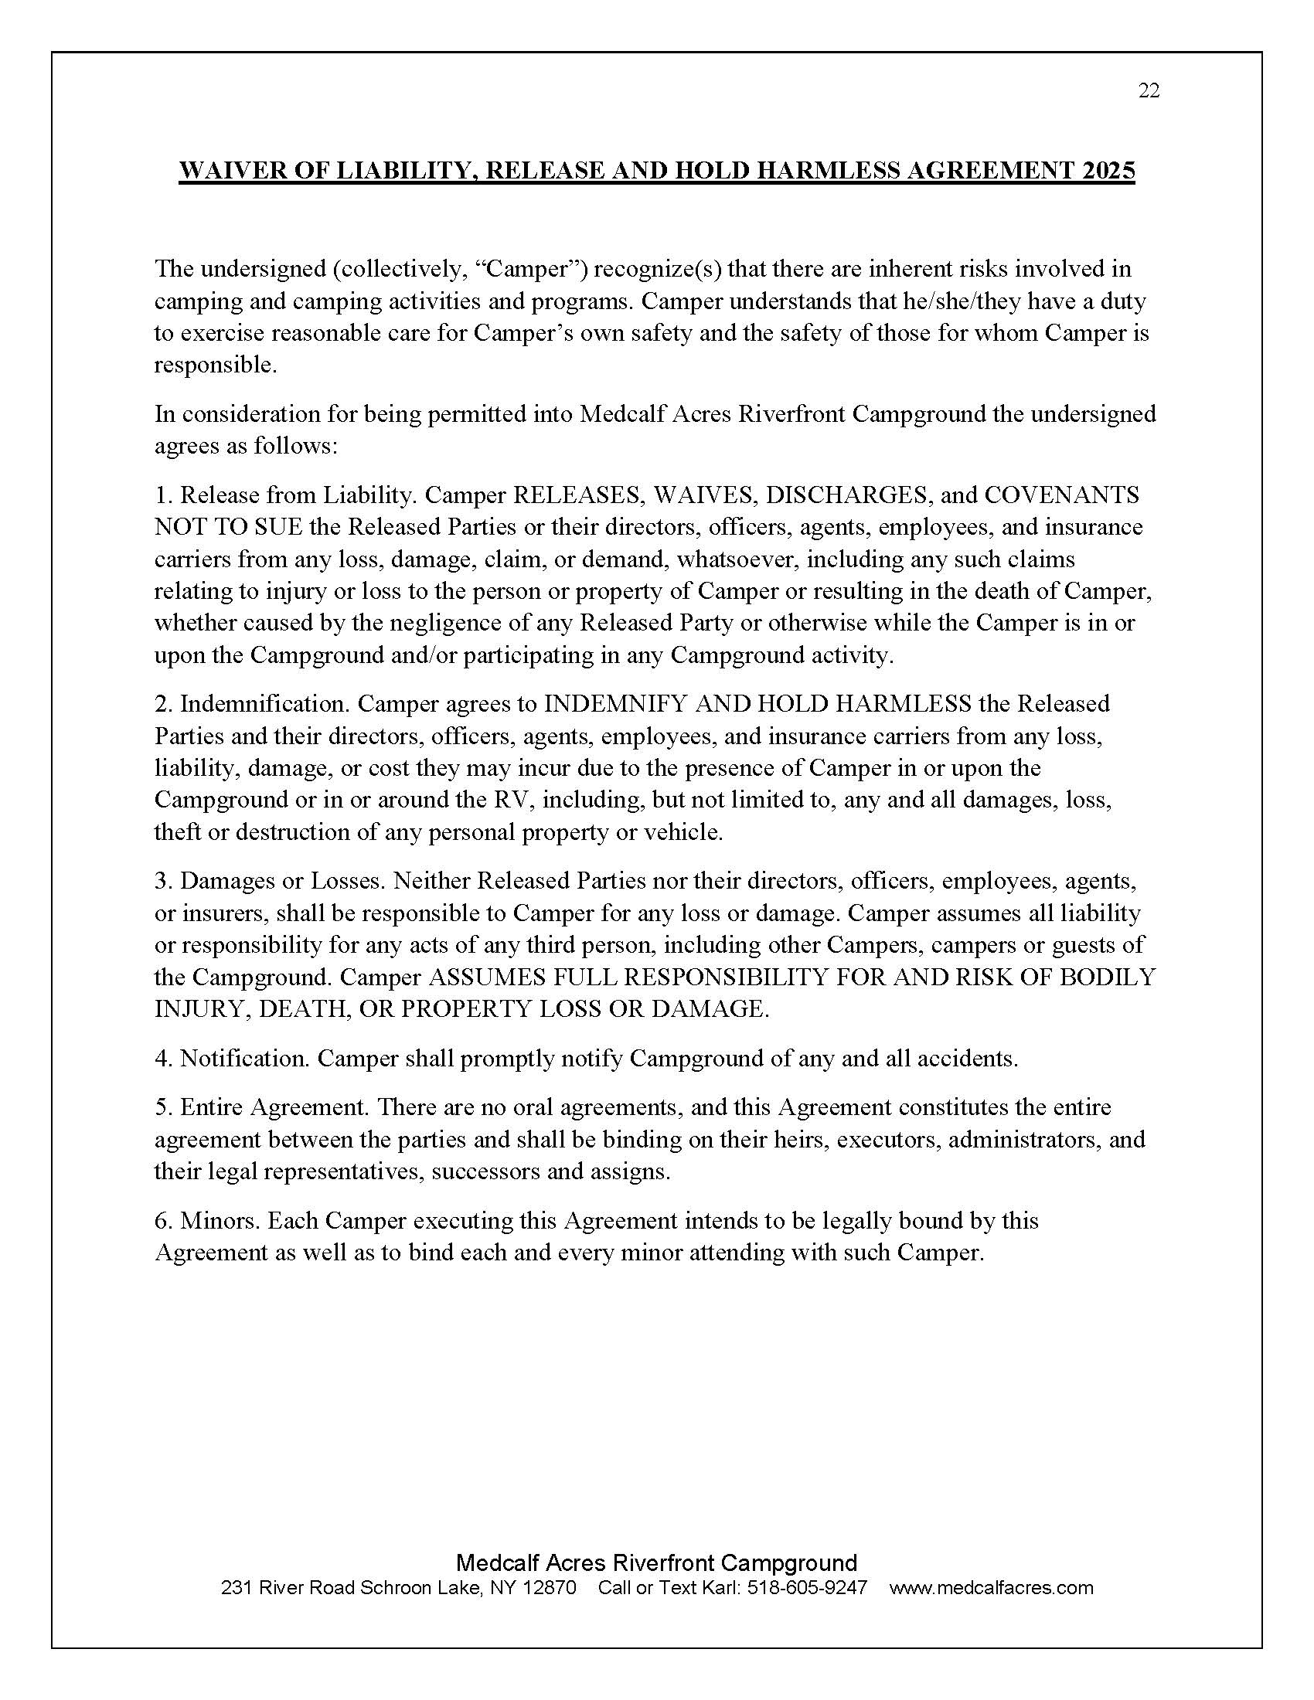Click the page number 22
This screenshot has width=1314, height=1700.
click(x=1148, y=91)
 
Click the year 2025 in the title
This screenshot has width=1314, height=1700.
click(x=1108, y=171)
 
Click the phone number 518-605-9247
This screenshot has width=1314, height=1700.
click(x=806, y=1587)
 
